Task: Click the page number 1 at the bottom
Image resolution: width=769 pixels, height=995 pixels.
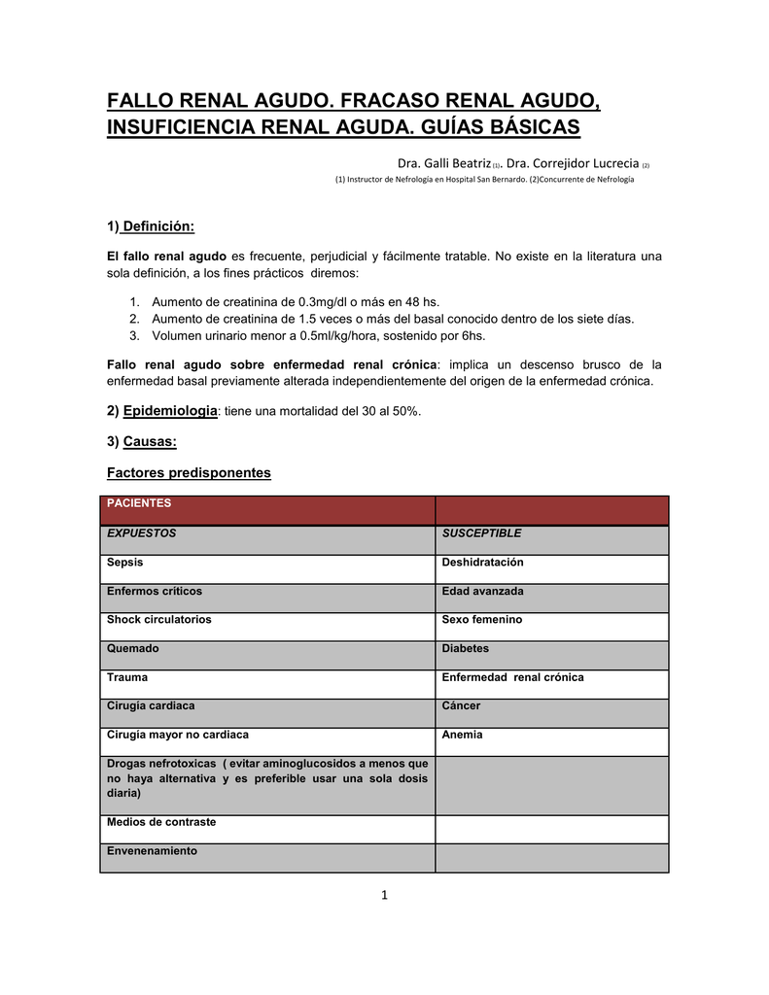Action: click(x=384, y=895)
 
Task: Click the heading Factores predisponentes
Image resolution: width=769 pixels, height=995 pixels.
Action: click(x=189, y=473)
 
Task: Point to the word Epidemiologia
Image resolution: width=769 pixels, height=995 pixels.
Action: click(x=170, y=411)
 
